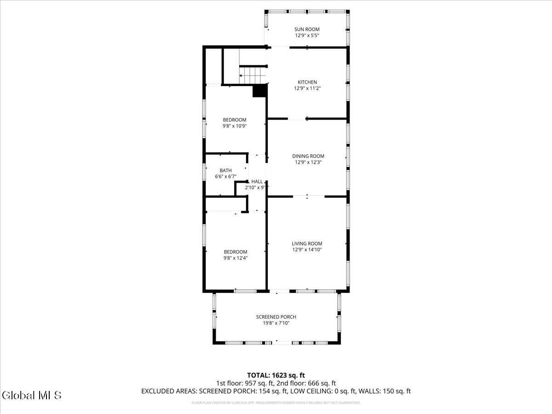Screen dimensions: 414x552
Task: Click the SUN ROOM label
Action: coord(307,29)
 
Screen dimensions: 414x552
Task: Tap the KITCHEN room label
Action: coord(307,82)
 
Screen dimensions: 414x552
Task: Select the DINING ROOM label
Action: coord(308,156)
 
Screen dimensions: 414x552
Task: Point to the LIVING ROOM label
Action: coord(307,244)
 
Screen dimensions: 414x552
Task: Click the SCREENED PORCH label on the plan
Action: coord(276,317)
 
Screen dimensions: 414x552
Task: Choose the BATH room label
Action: coord(225,171)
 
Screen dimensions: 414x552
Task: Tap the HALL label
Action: coord(257,182)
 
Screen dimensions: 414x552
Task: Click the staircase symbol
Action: coord(253,75)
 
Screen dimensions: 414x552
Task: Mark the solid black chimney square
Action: coord(260,91)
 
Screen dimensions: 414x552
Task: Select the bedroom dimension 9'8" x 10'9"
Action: coord(235,126)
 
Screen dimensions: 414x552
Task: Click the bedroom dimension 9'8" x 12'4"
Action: coord(235,258)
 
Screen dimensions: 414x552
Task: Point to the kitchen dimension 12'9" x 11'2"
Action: coord(307,88)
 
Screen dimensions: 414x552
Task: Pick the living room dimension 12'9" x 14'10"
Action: coord(307,250)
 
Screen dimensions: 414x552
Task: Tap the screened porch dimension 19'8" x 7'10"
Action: coord(276,323)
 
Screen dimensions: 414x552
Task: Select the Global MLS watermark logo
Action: coord(31,395)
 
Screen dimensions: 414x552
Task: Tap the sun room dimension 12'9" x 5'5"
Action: coord(307,35)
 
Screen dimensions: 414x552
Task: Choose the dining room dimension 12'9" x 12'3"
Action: coord(308,162)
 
